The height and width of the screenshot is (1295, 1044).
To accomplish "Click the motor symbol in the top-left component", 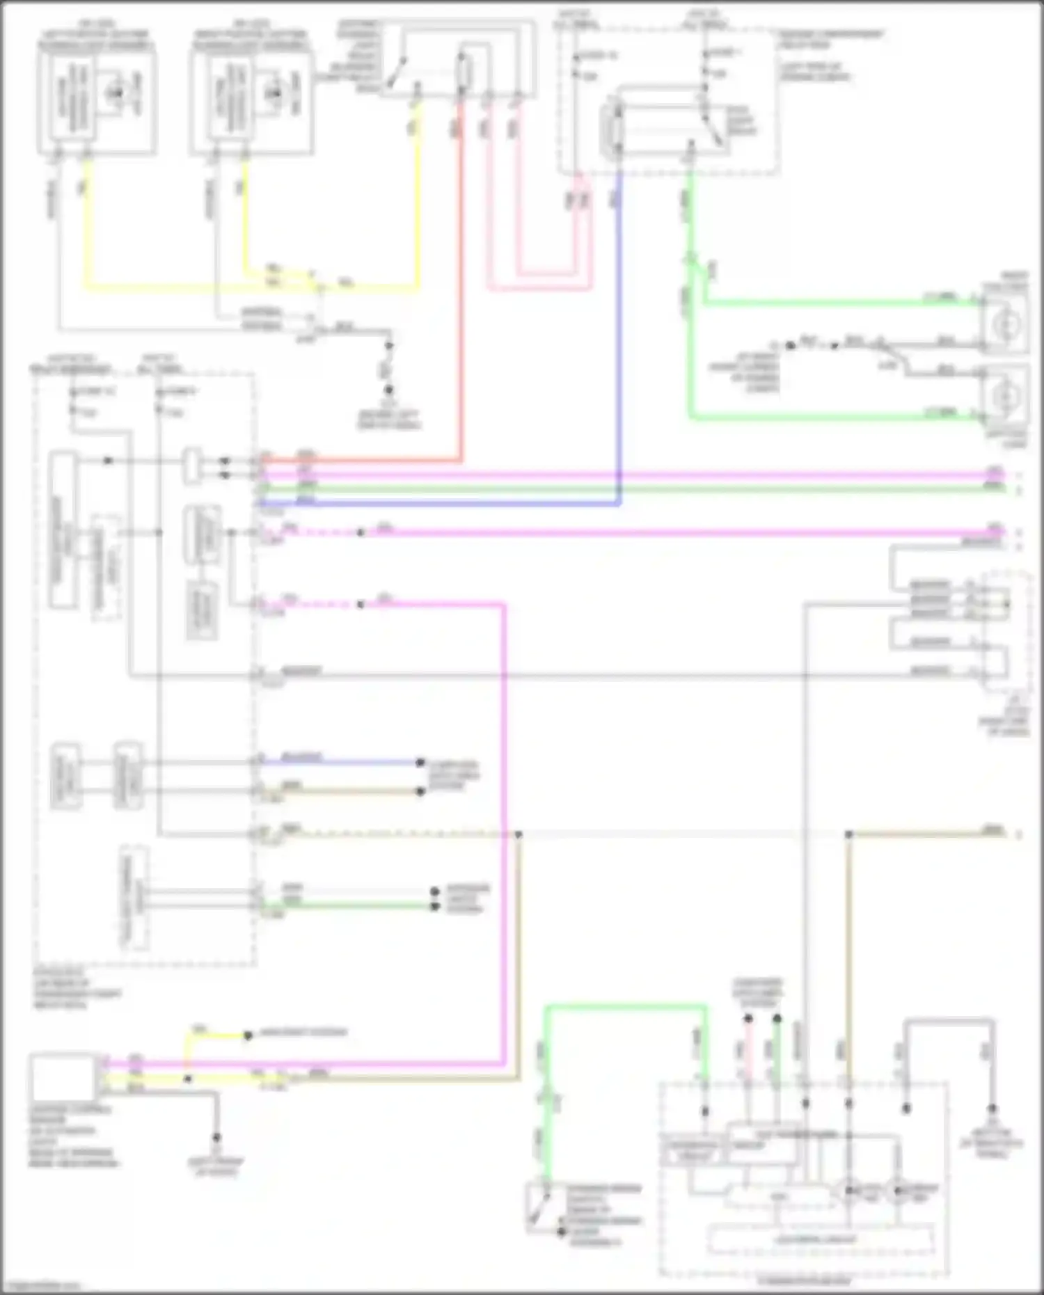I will tap(116, 93).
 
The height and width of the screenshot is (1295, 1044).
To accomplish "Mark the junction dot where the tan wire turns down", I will tap(519, 834).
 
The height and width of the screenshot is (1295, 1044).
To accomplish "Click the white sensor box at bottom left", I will tap(63, 1076).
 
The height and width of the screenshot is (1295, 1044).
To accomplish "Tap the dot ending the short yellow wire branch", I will tap(247, 1035).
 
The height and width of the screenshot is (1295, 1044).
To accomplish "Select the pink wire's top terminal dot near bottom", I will tap(748, 1019).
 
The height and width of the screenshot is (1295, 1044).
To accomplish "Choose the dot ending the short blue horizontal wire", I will tap(420, 763).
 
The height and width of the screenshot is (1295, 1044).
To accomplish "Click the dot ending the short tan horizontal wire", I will tap(420, 791).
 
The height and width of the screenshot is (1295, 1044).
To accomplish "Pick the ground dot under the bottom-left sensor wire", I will tap(216, 1138).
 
